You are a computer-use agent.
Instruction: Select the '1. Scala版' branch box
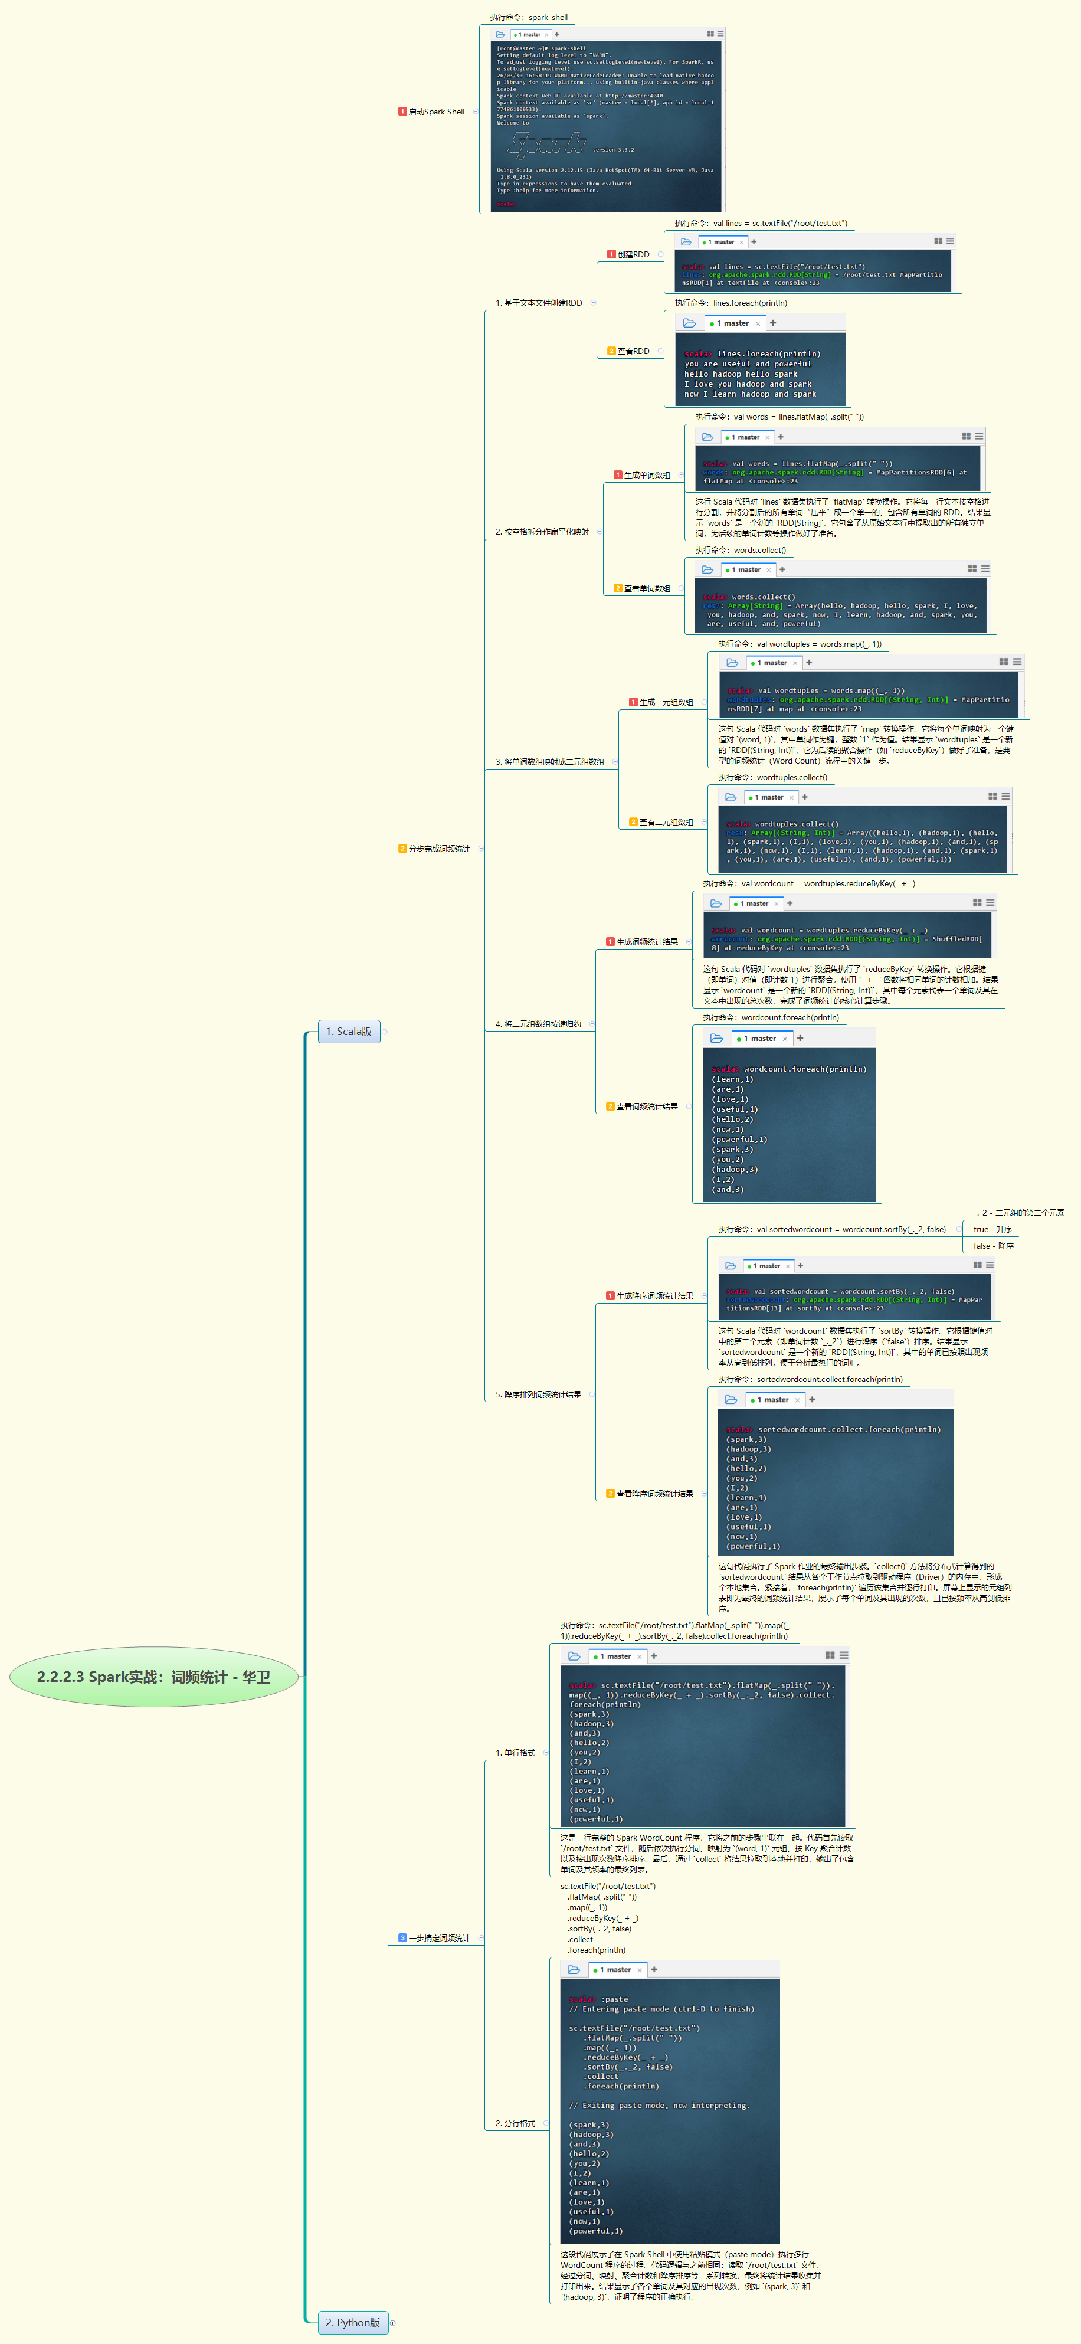click(349, 1031)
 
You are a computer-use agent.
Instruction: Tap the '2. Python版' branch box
click(352, 2322)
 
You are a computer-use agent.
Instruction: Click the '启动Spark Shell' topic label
click(436, 112)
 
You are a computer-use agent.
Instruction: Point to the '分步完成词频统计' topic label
click(438, 849)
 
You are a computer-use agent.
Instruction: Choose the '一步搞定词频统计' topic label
click(438, 1938)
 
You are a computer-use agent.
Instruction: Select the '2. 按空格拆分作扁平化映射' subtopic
click(542, 532)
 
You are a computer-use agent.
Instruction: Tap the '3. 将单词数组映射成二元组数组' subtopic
click(549, 762)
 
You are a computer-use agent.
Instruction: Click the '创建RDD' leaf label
click(633, 255)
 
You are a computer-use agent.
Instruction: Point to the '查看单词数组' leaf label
click(646, 589)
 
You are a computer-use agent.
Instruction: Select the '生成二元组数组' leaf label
click(665, 702)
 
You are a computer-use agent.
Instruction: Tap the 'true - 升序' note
click(992, 1229)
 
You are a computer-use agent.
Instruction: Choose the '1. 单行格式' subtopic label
click(515, 1753)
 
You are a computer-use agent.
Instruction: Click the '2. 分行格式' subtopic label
click(515, 2124)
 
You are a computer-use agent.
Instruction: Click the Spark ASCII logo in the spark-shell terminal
click(546, 146)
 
